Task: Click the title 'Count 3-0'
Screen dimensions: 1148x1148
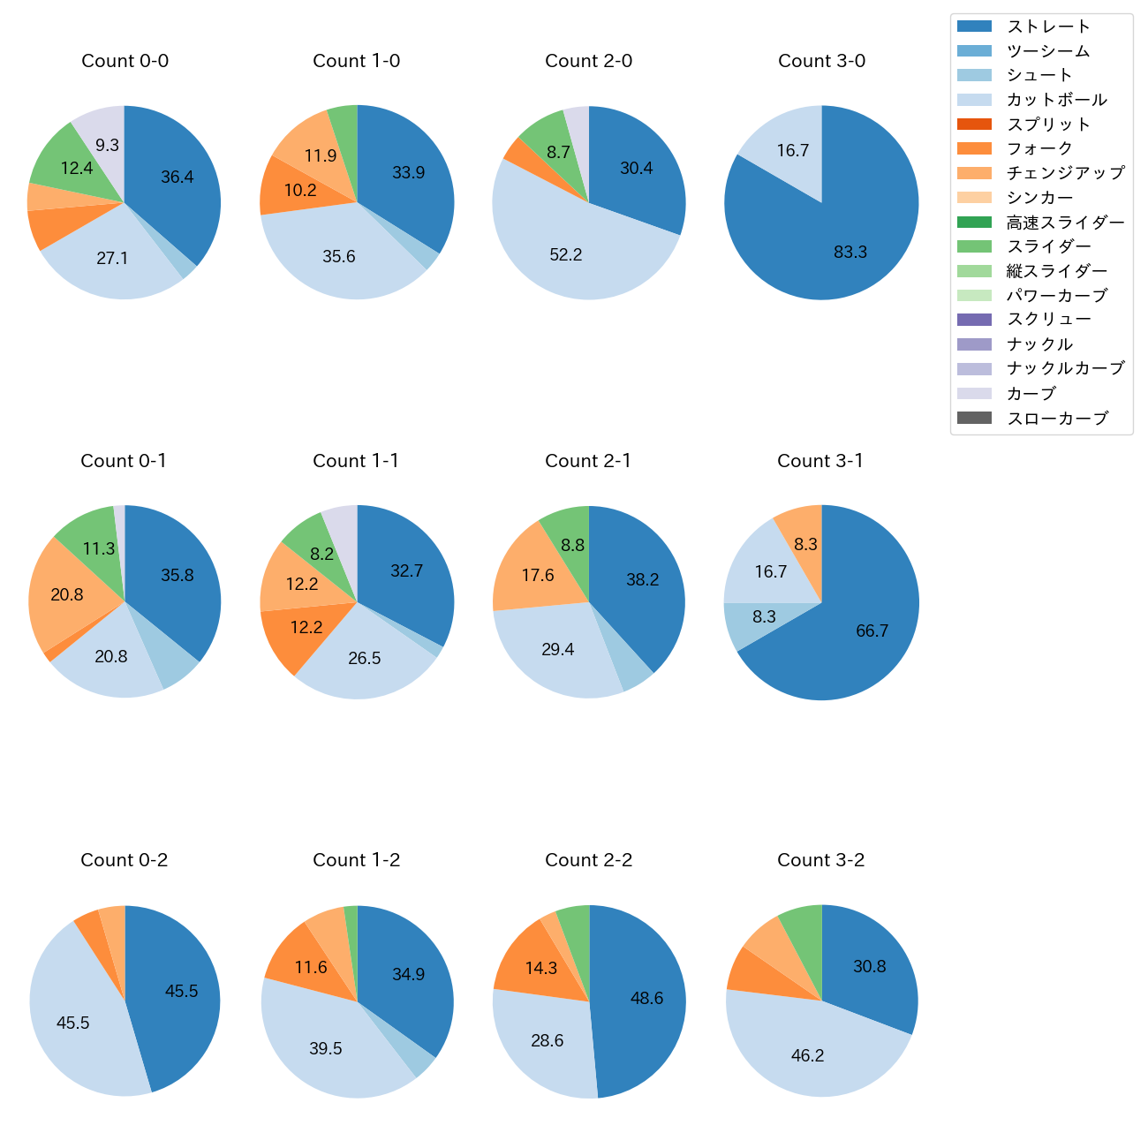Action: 821,61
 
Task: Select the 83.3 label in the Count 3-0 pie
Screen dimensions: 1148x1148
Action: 850,253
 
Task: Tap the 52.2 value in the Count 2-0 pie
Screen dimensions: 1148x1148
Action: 566,255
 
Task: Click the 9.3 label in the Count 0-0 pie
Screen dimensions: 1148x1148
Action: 108,146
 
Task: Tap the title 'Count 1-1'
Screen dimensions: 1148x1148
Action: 356,461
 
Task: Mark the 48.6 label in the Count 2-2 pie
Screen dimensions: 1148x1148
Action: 646,999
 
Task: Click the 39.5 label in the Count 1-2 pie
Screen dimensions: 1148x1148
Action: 326,1049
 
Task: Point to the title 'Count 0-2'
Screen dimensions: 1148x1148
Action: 125,860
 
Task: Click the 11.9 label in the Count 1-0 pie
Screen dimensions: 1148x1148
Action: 321,156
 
